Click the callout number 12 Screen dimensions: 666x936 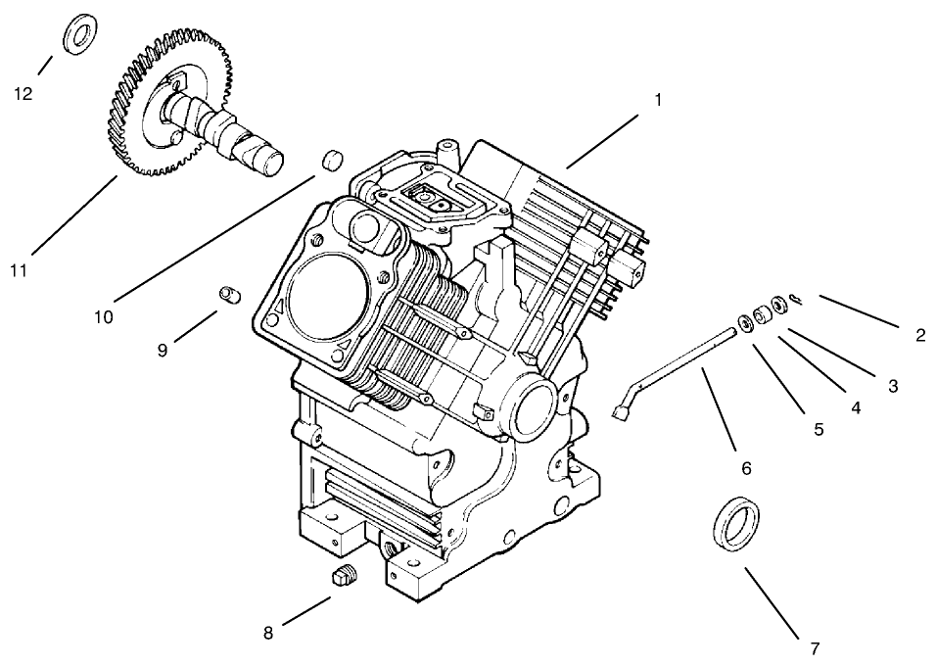coord(23,94)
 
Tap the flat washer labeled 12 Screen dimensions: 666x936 coord(77,35)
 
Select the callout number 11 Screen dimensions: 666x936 coord(19,271)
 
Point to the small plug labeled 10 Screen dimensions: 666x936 coord(333,159)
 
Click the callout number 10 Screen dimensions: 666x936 coord(104,317)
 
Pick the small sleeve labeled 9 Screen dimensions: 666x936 coord(229,293)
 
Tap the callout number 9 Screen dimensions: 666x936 coord(163,350)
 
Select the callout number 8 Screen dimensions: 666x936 coord(268,633)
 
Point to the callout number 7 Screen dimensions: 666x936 coord(815,647)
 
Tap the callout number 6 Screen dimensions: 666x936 coord(746,469)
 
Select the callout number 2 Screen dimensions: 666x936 coord(920,335)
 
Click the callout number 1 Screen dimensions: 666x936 coord(658,99)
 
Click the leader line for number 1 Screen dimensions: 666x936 coord(601,140)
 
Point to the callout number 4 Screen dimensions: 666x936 coord(857,407)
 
